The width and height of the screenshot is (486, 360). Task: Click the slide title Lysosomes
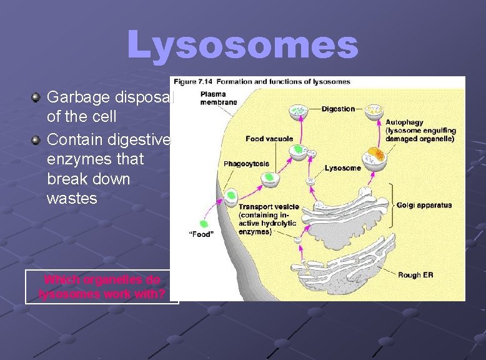pos(242,46)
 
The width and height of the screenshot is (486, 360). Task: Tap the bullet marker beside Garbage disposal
pos(37,97)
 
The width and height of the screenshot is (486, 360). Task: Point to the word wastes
pos(72,199)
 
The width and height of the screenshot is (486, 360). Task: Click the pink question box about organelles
pos(101,287)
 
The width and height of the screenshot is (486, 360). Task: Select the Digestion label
pos(338,109)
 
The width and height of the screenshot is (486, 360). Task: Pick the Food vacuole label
pos(269,139)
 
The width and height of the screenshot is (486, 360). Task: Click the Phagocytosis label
pos(246,164)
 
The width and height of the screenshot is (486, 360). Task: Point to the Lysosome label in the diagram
pos(342,168)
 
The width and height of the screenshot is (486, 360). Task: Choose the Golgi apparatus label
pos(424,206)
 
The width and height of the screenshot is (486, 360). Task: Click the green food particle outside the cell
pos(202,224)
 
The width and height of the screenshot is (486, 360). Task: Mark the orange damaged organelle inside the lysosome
pos(375,154)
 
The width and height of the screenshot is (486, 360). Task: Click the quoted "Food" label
pos(202,234)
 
